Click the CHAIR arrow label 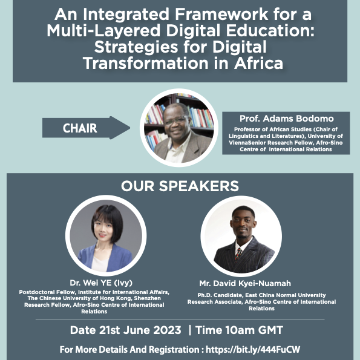pos(80,128)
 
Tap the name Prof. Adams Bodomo pos(287,119)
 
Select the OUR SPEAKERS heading pos(180,186)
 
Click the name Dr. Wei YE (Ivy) pos(101,283)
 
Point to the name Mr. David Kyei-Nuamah pos(245,284)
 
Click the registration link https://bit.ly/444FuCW pos(253,350)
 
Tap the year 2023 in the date pos(167,330)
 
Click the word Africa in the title pos(258,63)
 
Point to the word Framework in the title pos(221,15)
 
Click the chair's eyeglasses pos(176,120)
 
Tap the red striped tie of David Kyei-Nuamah pos(238,254)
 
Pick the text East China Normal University pos(286,295)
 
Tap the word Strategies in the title pos(136,47)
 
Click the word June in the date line pos(137,330)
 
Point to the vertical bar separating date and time pos(189,330)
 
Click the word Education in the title pos(270,31)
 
